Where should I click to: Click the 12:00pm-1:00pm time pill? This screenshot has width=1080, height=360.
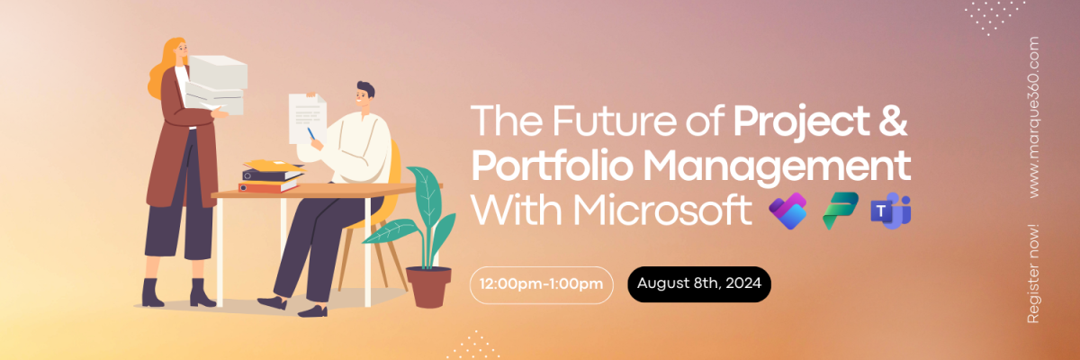[541, 284]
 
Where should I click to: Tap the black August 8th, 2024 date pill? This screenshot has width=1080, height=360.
[699, 284]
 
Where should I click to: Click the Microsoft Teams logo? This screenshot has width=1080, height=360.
[890, 211]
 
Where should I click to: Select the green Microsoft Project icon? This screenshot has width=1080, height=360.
[840, 211]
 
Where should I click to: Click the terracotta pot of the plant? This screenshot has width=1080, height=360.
[427, 286]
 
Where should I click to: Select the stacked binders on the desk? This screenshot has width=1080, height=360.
[268, 177]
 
